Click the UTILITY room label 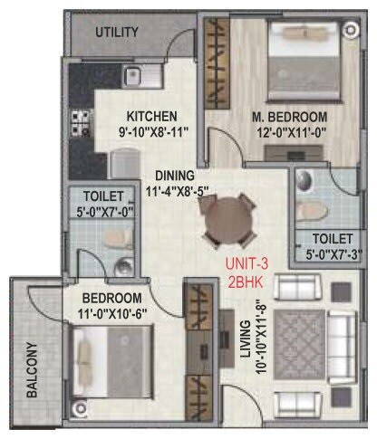coord(117,33)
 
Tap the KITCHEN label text coord(150,116)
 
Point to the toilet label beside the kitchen coord(100,195)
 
